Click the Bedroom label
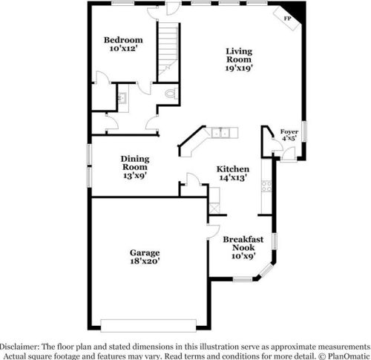[x=123, y=44]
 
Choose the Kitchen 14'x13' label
[x=232, y=173]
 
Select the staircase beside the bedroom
[x=168, y=45]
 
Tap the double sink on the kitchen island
[x=220, y=133]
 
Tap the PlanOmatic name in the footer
[x=347, y=356]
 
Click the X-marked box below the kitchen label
[x=214, y=196]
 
